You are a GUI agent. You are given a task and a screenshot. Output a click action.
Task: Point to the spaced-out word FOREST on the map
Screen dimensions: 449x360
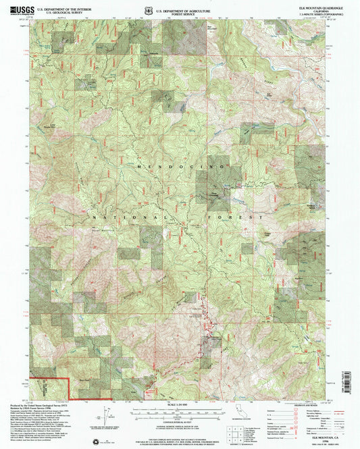[x=231, y=217]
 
